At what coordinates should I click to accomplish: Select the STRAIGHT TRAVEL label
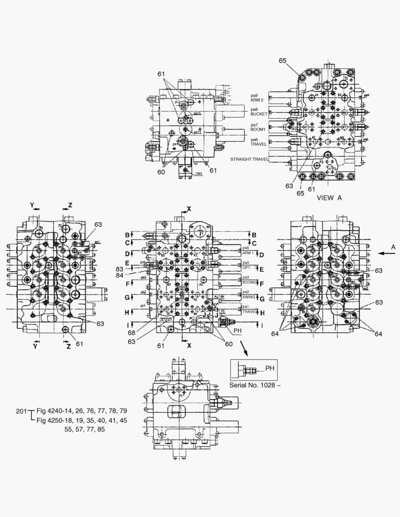[249, 159]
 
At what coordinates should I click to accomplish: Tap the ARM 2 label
[258, 101]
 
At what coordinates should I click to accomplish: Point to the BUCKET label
[259, 114]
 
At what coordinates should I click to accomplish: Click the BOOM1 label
[259, 129]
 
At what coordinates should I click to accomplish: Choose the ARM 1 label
[248, 253]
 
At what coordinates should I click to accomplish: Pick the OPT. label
[246, 268]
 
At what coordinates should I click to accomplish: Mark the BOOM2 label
[249, 282]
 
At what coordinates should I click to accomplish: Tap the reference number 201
[22, 411]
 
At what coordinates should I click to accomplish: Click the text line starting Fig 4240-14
[82, 411]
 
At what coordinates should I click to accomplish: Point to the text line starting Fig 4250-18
[82, 420]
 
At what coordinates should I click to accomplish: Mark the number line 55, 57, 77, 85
[85, 429]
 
